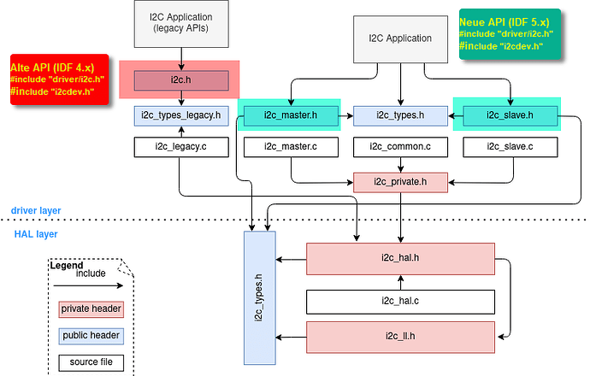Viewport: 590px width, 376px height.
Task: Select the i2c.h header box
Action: click(x=180, y=80)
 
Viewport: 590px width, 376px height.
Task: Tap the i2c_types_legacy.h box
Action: click(x=180, y=114)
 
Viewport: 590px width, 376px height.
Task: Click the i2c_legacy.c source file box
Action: click(x=180, y=147)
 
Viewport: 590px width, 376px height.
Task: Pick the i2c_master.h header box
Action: click(x=290, y=114)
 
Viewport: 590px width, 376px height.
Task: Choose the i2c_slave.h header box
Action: click(x=510, y=114)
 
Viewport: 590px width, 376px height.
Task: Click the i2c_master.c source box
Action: click(x=290, y=147)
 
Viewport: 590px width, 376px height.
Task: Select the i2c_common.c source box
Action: click(x=400, y=147)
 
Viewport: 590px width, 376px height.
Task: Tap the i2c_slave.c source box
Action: click(x=510, y=147)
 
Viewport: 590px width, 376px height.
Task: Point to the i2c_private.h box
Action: click(x=400, y=181)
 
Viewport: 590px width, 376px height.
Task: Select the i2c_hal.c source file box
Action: click(x=400, y=301)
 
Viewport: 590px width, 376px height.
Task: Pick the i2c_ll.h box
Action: click(x=400, y=336)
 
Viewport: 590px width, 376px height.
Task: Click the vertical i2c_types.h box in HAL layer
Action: click(x=263, y=295)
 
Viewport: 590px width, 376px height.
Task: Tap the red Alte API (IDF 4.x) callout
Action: click(x=59, y=79)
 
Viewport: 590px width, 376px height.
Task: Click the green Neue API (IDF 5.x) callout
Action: click(x=509, y=34)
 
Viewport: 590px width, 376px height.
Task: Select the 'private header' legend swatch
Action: click(x=91, y=309)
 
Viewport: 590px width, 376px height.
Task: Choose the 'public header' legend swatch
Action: click(x=91, y=336)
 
